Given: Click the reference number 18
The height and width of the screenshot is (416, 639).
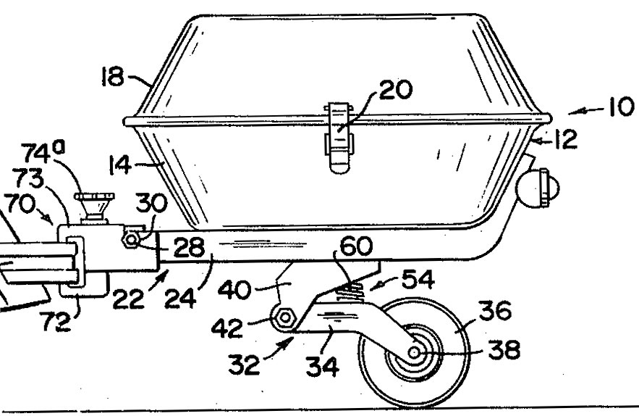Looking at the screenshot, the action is pyautogui.click(x=112, y=77).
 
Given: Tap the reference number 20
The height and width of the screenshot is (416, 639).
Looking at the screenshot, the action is pyautogui.click(x=396, y=89).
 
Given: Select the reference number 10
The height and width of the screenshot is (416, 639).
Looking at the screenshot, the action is pyautogui.click(x=621, y=107).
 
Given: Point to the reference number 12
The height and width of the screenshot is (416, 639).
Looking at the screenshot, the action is pyautogui.click(x=565, y=139).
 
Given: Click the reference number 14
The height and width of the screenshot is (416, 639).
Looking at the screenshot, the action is pyautogui.click(x=120, y=165).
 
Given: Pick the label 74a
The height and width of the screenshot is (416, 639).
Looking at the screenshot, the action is pyautogui.click(x=43, y=151).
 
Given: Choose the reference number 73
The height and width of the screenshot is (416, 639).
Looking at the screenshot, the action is pyautogui.click(x=28, y=178).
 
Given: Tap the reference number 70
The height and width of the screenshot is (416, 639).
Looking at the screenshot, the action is pyautogui.click(x=20, y=203).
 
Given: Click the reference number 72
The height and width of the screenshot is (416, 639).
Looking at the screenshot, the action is pyautogui.click(x=56, y=321).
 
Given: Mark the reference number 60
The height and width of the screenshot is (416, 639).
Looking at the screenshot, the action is pyautogui.click(x=356, y=246).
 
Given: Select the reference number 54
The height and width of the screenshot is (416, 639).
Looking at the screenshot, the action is pyautogui.click(x=418, y=279).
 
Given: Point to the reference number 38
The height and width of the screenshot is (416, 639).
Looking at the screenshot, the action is pyautogui.click(x=504, y=350).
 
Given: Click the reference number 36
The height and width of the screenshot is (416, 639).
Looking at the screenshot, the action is pyautogui.click(x=495, y=310).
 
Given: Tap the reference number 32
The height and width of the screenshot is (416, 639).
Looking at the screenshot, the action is pyautogui.click(x=244, y=364).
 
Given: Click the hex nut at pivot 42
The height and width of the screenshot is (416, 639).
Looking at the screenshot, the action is pyautogui.click(x=285, y=317).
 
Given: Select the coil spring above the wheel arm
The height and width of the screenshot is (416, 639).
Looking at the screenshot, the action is pyautogui.click(x=350, y=292).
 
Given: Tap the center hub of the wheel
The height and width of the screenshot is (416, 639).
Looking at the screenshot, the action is pyautogui.click(x=414, y=352).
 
